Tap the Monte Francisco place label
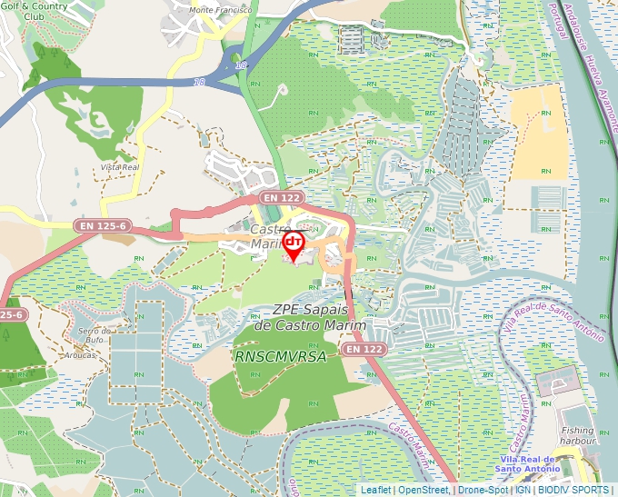pos(220,10)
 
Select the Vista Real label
pos(119,167)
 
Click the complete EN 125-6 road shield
pos(101,224)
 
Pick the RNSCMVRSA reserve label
pos(280,357)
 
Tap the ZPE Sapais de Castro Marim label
pos(310,317)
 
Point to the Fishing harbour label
pos(578,436)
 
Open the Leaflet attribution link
pos(375,490)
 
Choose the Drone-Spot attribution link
pos(483,490)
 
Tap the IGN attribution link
pos(523,490)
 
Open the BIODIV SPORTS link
pos(574,490)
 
